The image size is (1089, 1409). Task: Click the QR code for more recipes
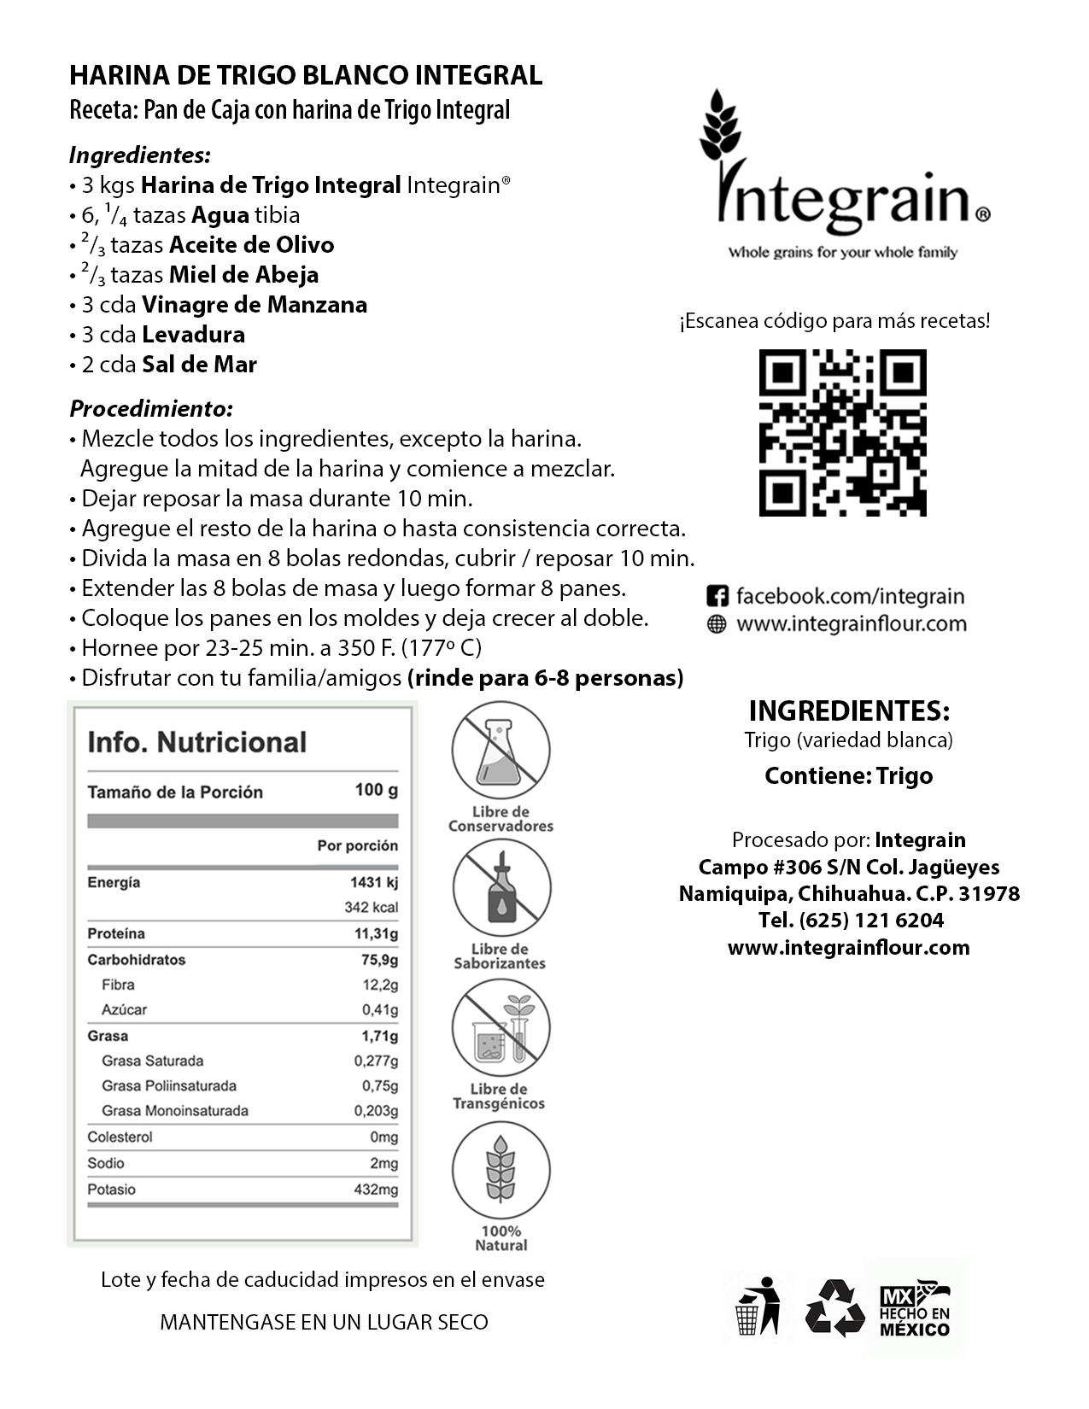pos(842,433)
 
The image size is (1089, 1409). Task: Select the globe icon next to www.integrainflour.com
pos(717,624)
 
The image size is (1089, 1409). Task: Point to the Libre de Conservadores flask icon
pos(501,751)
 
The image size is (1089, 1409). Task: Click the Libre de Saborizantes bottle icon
pos(501,888)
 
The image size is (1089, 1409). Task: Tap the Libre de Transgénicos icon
pos(501,1027)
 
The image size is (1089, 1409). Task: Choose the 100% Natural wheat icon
pos(501,1169)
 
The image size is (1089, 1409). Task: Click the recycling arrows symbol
pos(835,1307)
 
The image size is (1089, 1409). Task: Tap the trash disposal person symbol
pos(759,1307)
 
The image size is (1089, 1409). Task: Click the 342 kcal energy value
pos(371,907)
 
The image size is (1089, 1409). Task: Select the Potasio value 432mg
pos(376,1190)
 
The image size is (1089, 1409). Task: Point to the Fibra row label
pos(118,985)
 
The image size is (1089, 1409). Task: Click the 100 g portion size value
pos(376,790)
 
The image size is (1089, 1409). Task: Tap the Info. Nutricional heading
pos(196,742)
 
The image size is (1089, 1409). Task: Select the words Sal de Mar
pos(199,365)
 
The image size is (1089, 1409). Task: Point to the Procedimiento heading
pos(151,408)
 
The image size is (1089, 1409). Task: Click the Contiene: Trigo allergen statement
pos(848,776)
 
